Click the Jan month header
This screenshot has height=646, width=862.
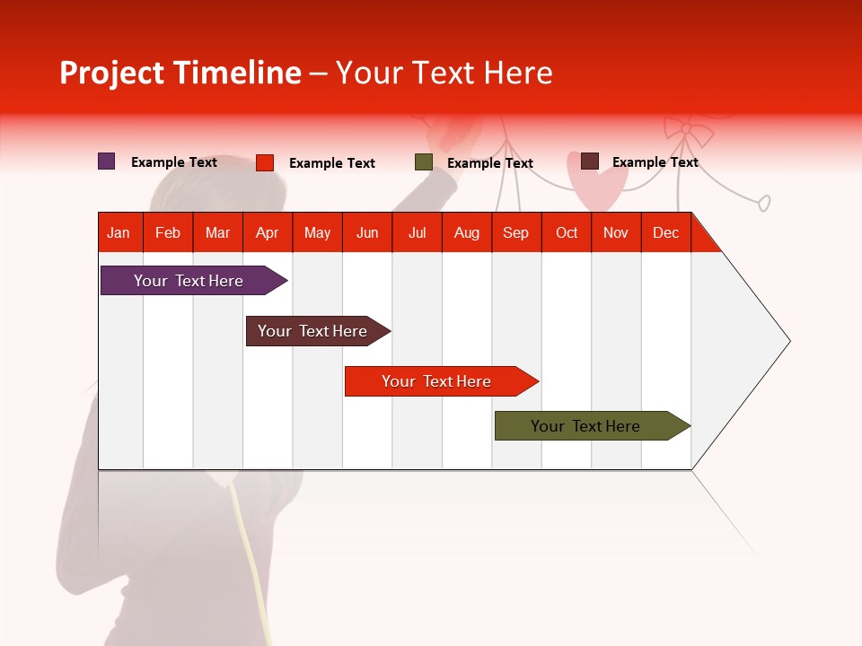pyautogui.click(x=119, y=232)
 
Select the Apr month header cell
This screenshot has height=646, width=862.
pyautogui.click(x=267, y=232)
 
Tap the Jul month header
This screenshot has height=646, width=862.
pyautogui.click(x=417, y=232)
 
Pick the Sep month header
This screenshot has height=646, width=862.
pyautogui.click(x=515, y=232)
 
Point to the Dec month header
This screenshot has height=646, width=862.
pyautogui.click(x=665, y=232)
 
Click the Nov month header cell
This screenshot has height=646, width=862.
pyautogui.click(x=615, y=232)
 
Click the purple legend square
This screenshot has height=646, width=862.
pyautogui.click(x=107, y=161)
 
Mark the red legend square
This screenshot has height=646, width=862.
pyautogui.click(x=265, y=162)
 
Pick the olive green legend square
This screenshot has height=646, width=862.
pyautogui.click(x=424, y=162)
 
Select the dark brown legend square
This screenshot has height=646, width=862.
pyautogui.click(x=589, y=161)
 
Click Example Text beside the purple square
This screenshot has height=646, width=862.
pyautogui.click(x=174, y=162)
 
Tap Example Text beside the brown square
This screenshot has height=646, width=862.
pyautogui.click(x=655, y=162)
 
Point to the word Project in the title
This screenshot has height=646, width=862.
pyautogui.click(x=111, y=73)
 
